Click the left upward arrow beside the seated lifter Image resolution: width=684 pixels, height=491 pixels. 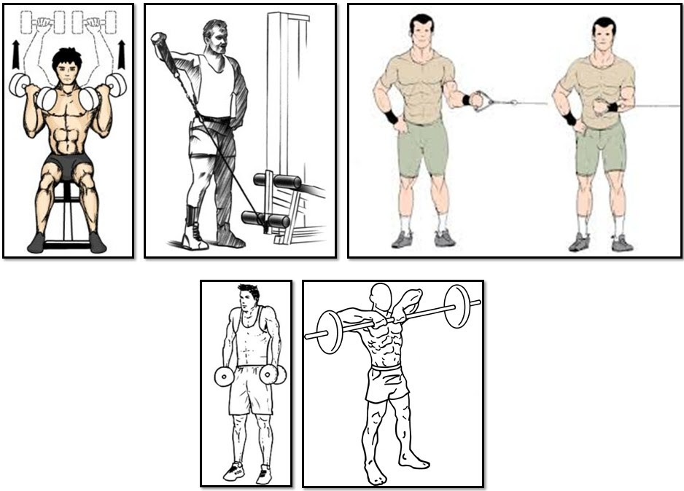click(x=16, y=55)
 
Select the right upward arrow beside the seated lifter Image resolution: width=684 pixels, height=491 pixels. click(x=121, y=52)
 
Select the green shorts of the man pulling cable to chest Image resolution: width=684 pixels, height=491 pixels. click(x=600, y=149)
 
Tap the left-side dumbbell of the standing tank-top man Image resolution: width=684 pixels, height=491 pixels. click(x=223, y=376)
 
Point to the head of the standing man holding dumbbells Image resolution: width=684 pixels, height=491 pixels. click(x=248, y=299)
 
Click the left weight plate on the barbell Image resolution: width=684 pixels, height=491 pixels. click(x=330, y=332)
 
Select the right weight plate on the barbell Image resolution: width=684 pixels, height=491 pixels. click(x=458, y=307)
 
